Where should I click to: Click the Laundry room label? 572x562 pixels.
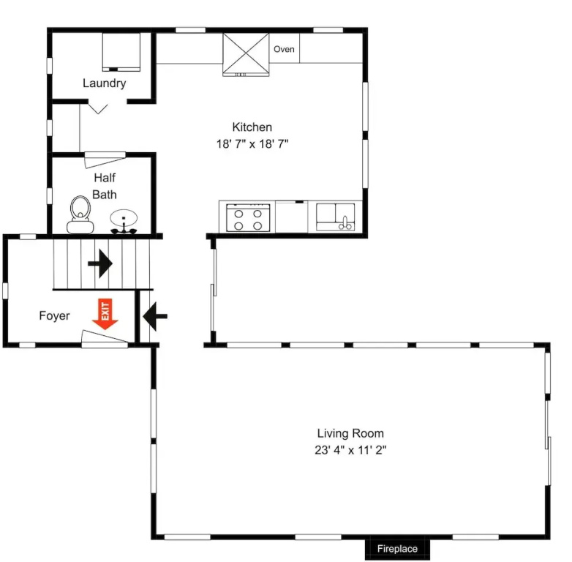105,83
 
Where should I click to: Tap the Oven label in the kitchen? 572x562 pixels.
284,49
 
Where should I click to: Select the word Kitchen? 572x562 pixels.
252,127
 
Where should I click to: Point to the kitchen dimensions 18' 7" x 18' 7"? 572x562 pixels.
252,143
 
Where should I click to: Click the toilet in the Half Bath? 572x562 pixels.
80,214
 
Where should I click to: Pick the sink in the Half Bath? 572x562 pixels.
124,221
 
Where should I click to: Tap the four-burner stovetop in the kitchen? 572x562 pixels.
248,218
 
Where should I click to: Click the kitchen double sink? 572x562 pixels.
335,217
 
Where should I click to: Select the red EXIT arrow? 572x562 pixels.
105,314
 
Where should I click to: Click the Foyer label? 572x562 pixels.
54,315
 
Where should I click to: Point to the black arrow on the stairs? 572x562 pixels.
100,263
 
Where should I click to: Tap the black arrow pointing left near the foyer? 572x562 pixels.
155,316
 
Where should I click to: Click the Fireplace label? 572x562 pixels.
397,549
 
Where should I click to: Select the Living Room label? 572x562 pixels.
350,433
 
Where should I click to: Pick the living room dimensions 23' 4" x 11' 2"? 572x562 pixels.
350,450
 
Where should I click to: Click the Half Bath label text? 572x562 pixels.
105,186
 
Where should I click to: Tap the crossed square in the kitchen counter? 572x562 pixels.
246,54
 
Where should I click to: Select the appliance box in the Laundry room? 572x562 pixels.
121,52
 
